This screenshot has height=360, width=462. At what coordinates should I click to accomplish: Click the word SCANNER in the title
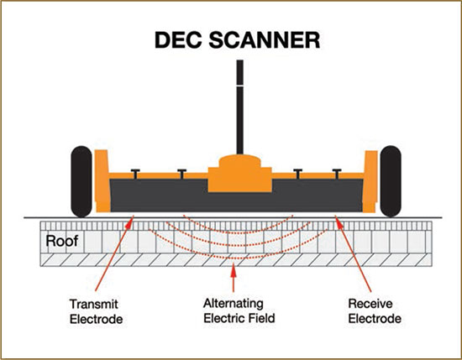(265, 40)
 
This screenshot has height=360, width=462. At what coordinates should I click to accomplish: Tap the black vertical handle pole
(240, 107)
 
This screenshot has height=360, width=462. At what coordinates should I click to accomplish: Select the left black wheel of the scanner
(81, 181)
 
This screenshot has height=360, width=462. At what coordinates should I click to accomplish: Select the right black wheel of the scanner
(391, 181)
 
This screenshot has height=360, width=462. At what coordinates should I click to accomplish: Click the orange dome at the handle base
(240, 161)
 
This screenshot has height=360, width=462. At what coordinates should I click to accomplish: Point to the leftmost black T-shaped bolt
(135, 174)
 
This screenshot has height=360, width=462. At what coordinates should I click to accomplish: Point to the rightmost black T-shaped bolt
(337, 174)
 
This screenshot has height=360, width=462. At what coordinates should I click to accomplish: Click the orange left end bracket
(102, 181)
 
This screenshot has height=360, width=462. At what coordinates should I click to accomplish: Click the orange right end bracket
(370, 181)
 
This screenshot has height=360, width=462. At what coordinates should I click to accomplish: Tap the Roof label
(62, 241)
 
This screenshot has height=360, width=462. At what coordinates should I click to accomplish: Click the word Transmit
(94, 304)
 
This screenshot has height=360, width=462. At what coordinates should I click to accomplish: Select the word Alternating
(233, 304)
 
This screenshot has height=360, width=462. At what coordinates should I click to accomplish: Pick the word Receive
(370, 304)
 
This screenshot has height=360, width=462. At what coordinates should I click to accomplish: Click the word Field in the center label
(262, 318)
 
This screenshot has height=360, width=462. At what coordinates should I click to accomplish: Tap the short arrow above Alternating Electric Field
(234, 277)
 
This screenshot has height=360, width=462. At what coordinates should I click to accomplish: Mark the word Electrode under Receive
(375, 319)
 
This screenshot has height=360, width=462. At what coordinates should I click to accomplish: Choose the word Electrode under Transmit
(96, 319)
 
